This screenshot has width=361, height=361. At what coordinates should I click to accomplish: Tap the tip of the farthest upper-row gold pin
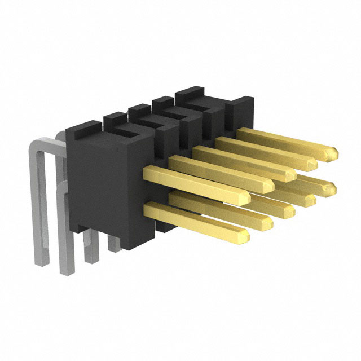click(334, 152)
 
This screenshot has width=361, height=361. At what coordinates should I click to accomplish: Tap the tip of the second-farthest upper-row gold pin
click(314, 163)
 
